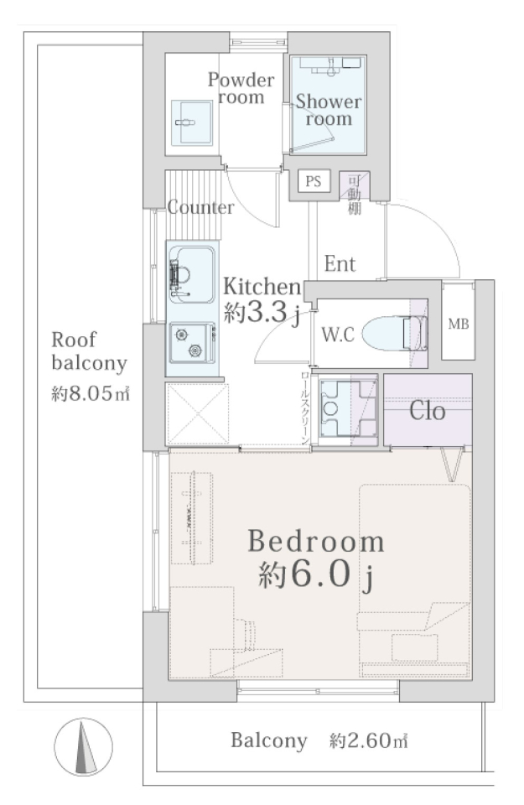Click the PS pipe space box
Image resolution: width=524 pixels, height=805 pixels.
click(314, 181)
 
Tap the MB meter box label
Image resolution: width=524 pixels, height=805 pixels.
click(459, 324)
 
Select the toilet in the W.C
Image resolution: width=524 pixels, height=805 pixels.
click(395, 333)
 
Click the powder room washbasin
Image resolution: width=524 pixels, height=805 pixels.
click(191, 122)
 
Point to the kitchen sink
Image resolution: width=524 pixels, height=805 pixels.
click(192, 275)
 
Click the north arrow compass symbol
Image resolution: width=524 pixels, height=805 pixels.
click(83, 746)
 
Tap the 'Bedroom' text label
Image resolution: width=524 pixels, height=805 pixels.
click(315, 541)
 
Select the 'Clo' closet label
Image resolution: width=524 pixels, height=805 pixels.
click(427, 411)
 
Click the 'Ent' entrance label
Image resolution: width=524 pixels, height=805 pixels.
click(340, 264)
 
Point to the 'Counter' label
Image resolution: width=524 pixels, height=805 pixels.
click(200, 207)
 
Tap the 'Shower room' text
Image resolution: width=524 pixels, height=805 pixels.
click(329, 110)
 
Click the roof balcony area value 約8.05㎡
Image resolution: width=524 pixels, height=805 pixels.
click(91, 394)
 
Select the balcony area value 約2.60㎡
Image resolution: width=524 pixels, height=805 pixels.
click(368, 740)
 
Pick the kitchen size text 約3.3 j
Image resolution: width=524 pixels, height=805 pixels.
click(262, 313)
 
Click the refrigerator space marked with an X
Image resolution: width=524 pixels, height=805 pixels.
click(197, 413)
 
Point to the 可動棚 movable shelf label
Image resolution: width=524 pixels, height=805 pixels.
click(354, 195)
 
